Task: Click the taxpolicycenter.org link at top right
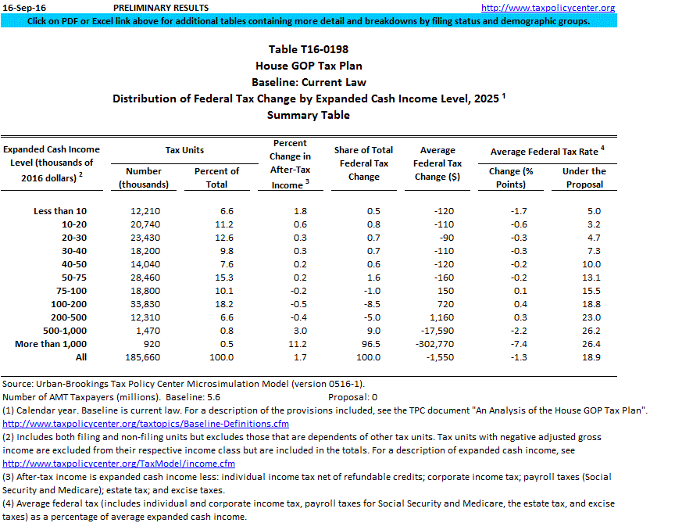pos(559,8)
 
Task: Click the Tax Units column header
pos(184,149)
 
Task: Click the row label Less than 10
pos(60,211)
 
